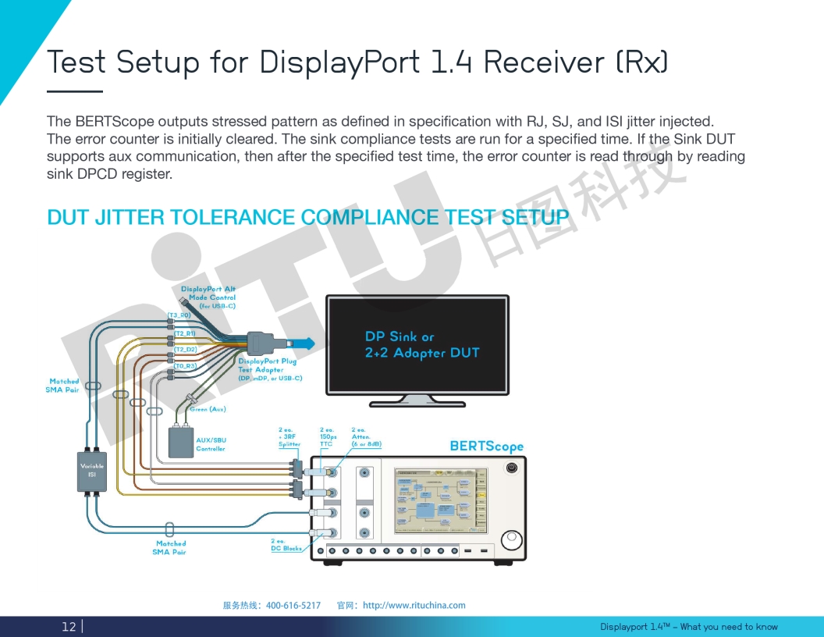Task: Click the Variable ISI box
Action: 91,471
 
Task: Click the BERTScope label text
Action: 487,447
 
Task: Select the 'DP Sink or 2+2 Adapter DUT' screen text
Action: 421,345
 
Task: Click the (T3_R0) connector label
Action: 179,315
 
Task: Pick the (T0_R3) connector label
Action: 185,365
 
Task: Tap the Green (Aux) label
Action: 208,409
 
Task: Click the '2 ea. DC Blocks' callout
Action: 286,545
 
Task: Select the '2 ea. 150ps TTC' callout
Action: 328,436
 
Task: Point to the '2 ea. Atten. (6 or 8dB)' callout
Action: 366,436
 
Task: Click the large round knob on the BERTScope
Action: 513,540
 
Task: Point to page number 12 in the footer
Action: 69,626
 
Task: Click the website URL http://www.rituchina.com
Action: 414,605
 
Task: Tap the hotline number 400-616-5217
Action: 293,605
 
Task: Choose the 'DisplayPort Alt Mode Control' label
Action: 208,297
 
